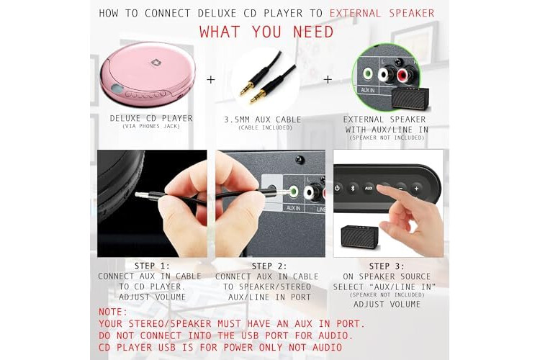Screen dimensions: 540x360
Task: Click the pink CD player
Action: tap(148, 74)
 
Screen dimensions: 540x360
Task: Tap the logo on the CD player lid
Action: tap(156, 63)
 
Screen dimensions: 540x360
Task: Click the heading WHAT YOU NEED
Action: tap(266, 32)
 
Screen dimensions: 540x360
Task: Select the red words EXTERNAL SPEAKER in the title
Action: tap(382, 13)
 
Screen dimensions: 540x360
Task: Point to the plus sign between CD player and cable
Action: tap(211, 80)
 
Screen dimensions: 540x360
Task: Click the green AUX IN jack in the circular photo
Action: tap(368, 73)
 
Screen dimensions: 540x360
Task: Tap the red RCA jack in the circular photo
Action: tap(403, 74)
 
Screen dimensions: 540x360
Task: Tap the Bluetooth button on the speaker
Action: tap(353, 188)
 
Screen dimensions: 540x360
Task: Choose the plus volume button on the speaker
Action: tap(416, 189)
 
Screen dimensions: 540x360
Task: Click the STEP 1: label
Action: tap(152, 266)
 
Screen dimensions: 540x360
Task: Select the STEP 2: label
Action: tap(269, 266)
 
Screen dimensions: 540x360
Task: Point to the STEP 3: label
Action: tap(387, 266)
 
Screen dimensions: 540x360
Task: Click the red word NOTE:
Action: tap(113, 312)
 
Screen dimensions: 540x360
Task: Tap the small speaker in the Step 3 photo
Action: tap(359, 237)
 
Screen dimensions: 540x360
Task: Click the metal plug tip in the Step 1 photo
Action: tap(142, 195)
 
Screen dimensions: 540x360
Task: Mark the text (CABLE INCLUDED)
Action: tap(265, 128)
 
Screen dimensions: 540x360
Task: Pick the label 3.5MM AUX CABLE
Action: tap(263, 120)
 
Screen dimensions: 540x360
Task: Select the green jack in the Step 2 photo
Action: tap(293, 191)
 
